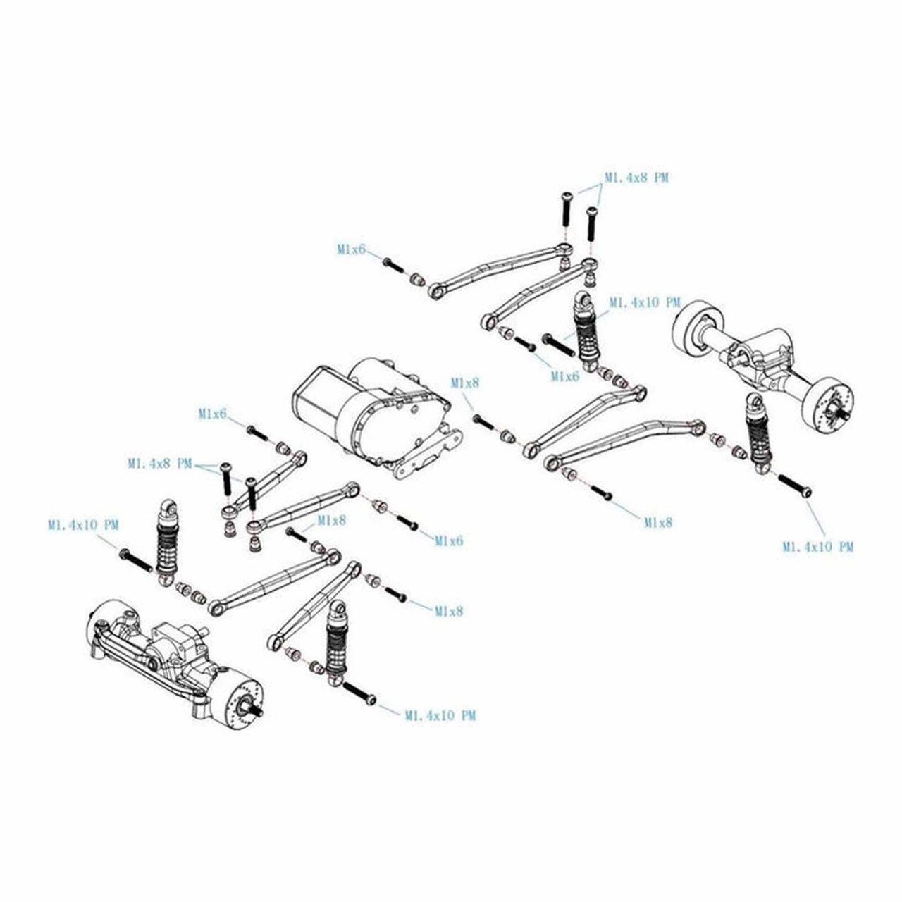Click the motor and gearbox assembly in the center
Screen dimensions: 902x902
point(373,416)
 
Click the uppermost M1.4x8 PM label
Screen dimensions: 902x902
point(636,178)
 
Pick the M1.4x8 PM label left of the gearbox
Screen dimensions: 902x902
point(160,464)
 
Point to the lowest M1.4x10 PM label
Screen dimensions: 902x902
point(440,715)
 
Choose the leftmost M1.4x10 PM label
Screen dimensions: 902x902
point(83,525)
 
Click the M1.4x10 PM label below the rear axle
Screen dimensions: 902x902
point(817,546)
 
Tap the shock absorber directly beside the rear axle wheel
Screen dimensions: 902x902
point(756,433)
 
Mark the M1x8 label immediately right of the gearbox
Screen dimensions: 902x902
point(465,383)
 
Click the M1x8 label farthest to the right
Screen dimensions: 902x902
point(658,522)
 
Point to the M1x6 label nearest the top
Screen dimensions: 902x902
point(351,249)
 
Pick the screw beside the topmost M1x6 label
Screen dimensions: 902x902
point(393,266)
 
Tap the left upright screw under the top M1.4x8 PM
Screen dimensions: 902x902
point(566,211)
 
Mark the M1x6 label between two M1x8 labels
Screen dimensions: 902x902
point(449,540)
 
